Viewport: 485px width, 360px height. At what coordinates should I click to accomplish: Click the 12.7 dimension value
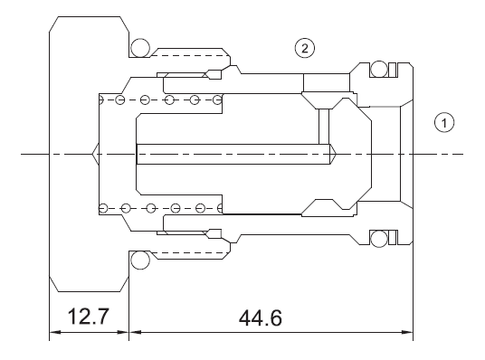click(x=88, y=318)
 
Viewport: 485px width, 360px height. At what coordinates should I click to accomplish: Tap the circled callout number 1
click(x=442, y=120)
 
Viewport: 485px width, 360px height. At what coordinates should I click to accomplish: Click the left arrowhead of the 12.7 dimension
click(x=53, y=332)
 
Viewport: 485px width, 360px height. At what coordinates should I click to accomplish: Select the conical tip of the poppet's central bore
click(x=335, y=155)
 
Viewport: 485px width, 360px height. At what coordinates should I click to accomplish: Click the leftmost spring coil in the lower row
click(x=105, y=209)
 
